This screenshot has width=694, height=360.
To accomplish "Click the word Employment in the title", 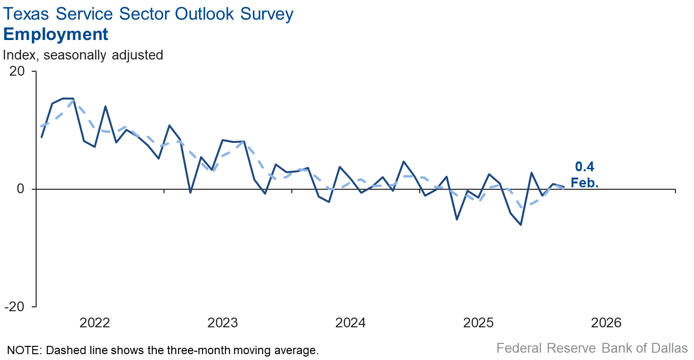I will (56, 35).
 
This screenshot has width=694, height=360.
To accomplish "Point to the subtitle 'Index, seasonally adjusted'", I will (83, 55).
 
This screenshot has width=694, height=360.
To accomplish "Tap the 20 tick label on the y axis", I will (17, 71).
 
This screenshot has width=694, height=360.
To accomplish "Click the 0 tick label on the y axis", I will (21, 189).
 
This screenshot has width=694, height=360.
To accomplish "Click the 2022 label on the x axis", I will (95, 323).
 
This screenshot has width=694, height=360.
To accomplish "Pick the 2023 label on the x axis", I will (223, 323).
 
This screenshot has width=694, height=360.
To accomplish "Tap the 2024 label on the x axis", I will (350, 323).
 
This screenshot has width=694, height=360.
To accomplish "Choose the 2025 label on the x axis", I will (478, 323).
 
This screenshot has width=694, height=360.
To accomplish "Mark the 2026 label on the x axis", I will (606, 323).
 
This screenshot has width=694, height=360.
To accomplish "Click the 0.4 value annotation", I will (584, 167).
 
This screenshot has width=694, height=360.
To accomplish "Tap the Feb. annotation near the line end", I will (584, 182).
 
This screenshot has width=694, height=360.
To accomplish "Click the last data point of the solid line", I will (564, 187).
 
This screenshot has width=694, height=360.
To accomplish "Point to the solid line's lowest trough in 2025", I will (521, 225).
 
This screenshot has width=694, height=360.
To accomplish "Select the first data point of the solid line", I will (41, 137).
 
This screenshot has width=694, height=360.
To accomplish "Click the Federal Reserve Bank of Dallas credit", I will (592, 348).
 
